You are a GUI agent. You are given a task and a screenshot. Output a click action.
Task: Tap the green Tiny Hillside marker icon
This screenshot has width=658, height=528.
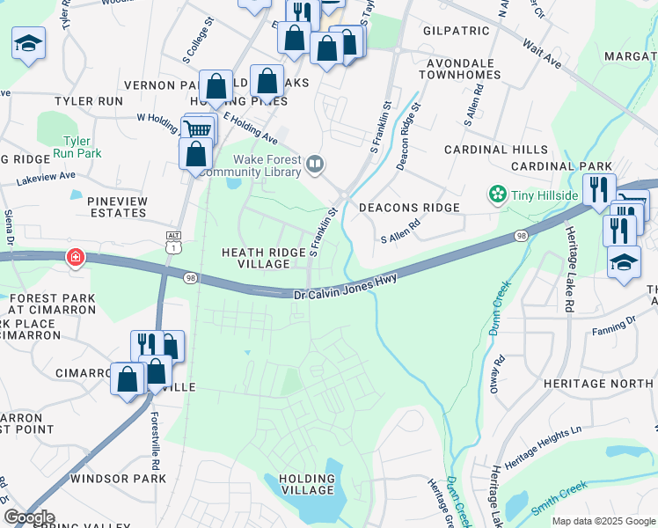[498, 194]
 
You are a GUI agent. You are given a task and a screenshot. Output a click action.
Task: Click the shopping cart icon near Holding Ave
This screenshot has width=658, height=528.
[199, 130]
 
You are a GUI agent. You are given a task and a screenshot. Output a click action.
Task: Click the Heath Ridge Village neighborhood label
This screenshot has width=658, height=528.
[264, 259]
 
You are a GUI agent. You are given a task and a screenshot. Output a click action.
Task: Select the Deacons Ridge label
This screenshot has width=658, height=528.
[409, 208]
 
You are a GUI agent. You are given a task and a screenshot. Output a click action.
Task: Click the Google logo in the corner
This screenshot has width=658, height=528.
[28, 517]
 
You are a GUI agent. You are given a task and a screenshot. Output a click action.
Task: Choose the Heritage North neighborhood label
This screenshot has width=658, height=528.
[599, 384]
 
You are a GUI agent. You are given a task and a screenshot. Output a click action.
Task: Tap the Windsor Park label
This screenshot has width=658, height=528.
[118, 480]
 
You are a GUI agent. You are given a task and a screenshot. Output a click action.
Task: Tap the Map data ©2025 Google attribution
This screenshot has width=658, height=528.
[603, 521]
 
